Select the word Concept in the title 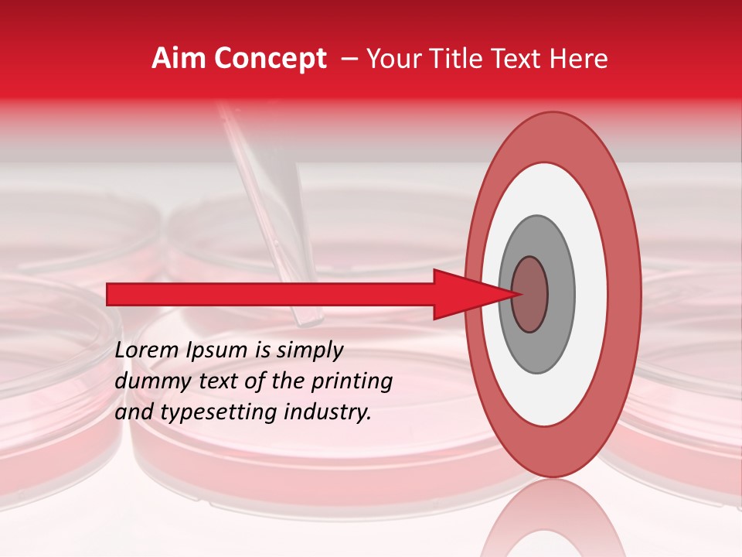coord(270,60)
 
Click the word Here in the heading coord(579,59)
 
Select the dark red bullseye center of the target coord(530,294)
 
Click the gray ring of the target coord(560,294)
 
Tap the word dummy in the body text coord(148,381)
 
